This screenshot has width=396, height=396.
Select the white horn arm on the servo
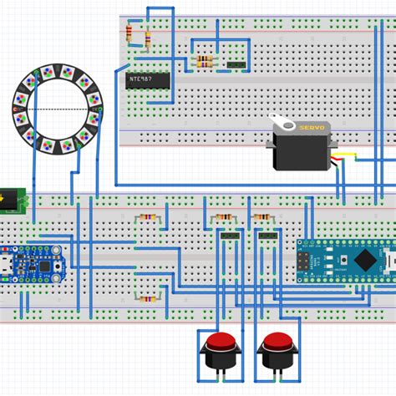[289, 126]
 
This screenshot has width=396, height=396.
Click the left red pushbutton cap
[221, 343]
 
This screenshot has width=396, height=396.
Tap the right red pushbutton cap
[276, 343]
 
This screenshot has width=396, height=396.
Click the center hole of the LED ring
[56, 109]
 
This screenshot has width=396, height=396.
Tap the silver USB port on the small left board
[5, 262]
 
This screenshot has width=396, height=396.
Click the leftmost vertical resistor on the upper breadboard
[129, 34]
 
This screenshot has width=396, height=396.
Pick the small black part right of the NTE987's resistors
[236, 63]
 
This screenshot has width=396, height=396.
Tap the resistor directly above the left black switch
[224, 219]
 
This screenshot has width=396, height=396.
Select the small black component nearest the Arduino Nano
[268, 236]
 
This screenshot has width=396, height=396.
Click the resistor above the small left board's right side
[147, 219]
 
